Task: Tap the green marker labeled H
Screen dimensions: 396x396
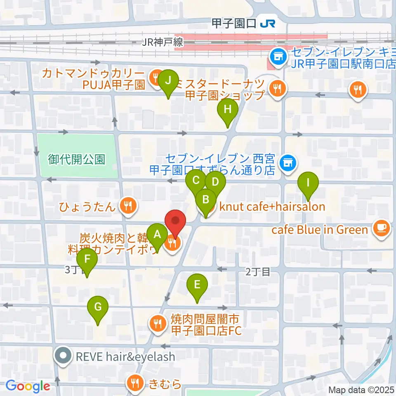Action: [227, 110]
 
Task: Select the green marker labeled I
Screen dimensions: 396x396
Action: [307, 182]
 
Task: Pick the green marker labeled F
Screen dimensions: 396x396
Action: [87, 260]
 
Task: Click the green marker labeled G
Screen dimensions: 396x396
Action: [98, 308]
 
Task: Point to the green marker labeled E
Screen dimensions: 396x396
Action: [197, 285]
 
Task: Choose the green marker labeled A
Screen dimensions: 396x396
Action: [157, 236]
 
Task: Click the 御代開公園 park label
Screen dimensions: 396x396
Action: [76, 159]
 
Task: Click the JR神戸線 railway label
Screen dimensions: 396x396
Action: [162, 42]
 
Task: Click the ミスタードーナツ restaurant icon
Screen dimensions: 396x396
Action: [275, 88]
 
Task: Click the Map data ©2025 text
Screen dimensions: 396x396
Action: [361, 390]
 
